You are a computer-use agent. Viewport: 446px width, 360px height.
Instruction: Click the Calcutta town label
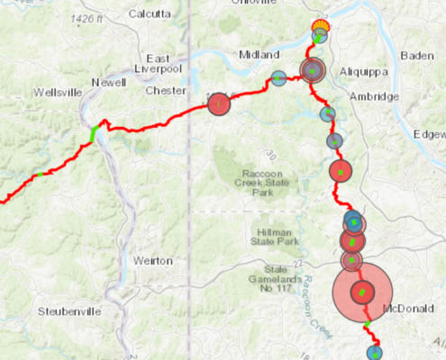click(x=150, y=13)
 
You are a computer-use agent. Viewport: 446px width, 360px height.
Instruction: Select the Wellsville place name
click(x=56, y=92)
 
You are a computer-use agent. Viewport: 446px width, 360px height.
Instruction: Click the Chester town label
click(x=164, y=90)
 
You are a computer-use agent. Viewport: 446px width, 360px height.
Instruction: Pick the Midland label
click(x=259, y=55)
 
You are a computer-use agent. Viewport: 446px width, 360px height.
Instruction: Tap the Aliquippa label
click(x=363, y=70)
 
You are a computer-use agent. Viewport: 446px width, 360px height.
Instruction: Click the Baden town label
click(x=416, y=55)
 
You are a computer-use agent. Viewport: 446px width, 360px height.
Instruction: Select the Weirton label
click(x=152, y=260)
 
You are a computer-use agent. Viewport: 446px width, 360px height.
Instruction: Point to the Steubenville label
click(x=68, y=311)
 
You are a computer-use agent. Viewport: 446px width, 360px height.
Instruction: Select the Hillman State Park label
click(x=275, y=236)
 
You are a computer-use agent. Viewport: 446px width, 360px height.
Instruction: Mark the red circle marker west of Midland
click(x=219, y=104)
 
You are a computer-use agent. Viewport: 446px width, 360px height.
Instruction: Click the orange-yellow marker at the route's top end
click(x=319, y=26)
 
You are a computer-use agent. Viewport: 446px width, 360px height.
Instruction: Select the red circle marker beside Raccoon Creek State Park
click(x=340, y=170)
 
